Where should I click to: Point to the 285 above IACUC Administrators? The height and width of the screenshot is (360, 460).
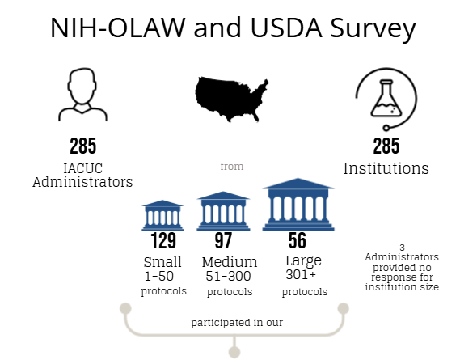click(82, 146)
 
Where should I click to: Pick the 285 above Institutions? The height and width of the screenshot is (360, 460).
click(386, 146)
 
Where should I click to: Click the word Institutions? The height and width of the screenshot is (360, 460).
click(386, 169)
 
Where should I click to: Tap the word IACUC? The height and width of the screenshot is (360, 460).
click(82, 168)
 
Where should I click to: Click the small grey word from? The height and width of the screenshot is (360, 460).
click(232, 167)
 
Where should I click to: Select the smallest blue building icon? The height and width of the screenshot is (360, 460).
click(162, 215)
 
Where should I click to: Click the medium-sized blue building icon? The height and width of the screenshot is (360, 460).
click(223, 211)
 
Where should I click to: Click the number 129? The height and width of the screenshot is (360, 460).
click(162, 241)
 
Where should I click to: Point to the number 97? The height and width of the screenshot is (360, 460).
click(223, 241)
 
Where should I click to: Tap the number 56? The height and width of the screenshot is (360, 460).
click(298, 240)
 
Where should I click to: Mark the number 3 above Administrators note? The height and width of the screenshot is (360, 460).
click(402, 247)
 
